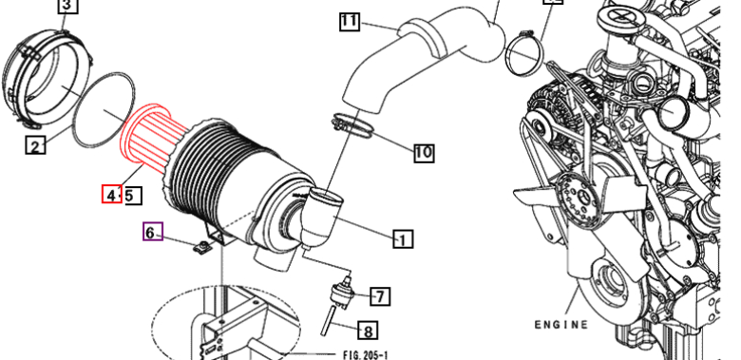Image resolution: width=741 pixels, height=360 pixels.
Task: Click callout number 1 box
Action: tap(402, 239)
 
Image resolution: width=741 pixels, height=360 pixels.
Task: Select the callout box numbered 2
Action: tap(35, 145)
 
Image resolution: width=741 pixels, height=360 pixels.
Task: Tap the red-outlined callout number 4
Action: tap(111, 195)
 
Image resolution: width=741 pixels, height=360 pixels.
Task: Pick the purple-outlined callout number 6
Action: tap(153, 232)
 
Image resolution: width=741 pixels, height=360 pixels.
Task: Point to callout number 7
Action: tap(380, 296)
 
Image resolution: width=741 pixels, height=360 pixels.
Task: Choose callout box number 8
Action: tap(369, 331)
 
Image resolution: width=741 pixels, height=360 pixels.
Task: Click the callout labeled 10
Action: tap(424, 153)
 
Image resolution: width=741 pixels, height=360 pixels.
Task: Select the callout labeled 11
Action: tap(350, 22)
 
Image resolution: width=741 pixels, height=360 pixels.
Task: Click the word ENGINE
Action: tap(561, 325)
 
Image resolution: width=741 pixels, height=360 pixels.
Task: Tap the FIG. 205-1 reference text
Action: tap(365, 354)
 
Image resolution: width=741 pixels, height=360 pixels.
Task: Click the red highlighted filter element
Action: tap(152, 137)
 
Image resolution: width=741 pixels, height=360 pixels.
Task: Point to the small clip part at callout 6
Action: tap(202, 246)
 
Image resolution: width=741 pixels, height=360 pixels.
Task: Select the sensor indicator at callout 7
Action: tap(342, 293)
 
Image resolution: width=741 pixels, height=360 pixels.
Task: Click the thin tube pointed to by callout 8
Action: tap(329, 321)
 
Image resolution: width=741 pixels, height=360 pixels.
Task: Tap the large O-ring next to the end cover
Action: tap(104, 109)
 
